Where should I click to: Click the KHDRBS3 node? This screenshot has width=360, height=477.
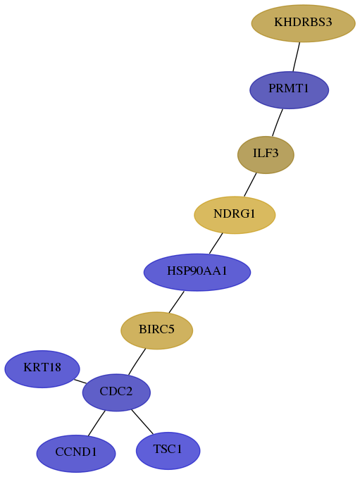click(303, 23)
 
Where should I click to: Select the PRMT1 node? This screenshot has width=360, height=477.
click(289, 89)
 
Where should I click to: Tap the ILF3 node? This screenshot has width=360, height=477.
click(266, 154)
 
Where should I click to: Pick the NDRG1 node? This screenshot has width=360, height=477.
click(235, 215)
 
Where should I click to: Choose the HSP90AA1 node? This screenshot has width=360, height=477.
click(197, 272)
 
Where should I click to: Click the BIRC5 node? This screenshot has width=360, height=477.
click(156, 330)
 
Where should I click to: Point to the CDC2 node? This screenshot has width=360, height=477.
click(116, 392)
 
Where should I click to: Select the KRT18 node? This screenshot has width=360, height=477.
click(42, 368)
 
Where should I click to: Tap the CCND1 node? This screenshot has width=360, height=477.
click(76, 453)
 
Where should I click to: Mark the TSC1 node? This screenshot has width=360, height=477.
click(168, 450)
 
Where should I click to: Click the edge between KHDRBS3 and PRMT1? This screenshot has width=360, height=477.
click(297, 57)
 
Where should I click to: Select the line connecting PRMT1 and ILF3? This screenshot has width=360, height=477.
click(278, 123)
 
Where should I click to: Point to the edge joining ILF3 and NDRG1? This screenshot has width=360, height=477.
click(250, 185)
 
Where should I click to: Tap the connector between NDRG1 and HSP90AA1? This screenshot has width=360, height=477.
click(216, 243)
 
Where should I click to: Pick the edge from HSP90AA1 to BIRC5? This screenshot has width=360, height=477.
click(176, 302)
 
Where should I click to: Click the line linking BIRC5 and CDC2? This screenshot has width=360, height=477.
click(137, 361)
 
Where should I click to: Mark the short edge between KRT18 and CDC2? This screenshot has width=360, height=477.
click(80, 381)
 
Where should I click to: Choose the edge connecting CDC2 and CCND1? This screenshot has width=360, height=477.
click(97, 423)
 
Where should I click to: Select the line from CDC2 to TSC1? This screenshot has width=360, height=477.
click(142, 421)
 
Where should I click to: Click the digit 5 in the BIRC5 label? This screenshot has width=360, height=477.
click(171, 329)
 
